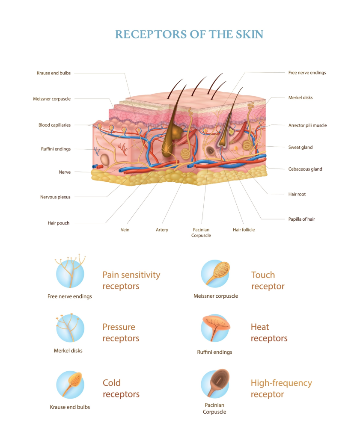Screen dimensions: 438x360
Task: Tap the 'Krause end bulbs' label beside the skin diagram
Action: [54, 73]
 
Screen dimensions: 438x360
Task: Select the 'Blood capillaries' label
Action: [54, 125]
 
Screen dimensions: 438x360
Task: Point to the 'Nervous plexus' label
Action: [55, 197]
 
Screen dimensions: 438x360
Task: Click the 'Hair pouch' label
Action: [59, 223]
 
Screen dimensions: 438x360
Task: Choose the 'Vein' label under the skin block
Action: [125, 230]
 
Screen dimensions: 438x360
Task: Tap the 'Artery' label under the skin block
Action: [162, 230]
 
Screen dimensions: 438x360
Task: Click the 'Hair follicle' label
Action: [244, 230]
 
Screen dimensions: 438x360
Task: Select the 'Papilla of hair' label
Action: [301, 219]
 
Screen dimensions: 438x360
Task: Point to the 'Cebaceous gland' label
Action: [305, 169]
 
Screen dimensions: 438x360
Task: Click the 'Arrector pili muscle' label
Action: [307, 125]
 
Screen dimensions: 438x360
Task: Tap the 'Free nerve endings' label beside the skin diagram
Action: [307, 73]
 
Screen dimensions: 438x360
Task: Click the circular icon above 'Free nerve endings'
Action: [70, 273]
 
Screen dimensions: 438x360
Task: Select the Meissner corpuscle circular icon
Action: [215, 273]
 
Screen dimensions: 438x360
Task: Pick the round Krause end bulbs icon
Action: [70, 384]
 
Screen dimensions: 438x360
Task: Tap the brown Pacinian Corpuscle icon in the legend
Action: [215, 384]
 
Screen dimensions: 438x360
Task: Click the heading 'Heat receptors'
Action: [269, 333]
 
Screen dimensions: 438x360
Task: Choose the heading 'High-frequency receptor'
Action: [281, 388]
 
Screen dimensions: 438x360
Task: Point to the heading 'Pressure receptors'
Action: [121, 333]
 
